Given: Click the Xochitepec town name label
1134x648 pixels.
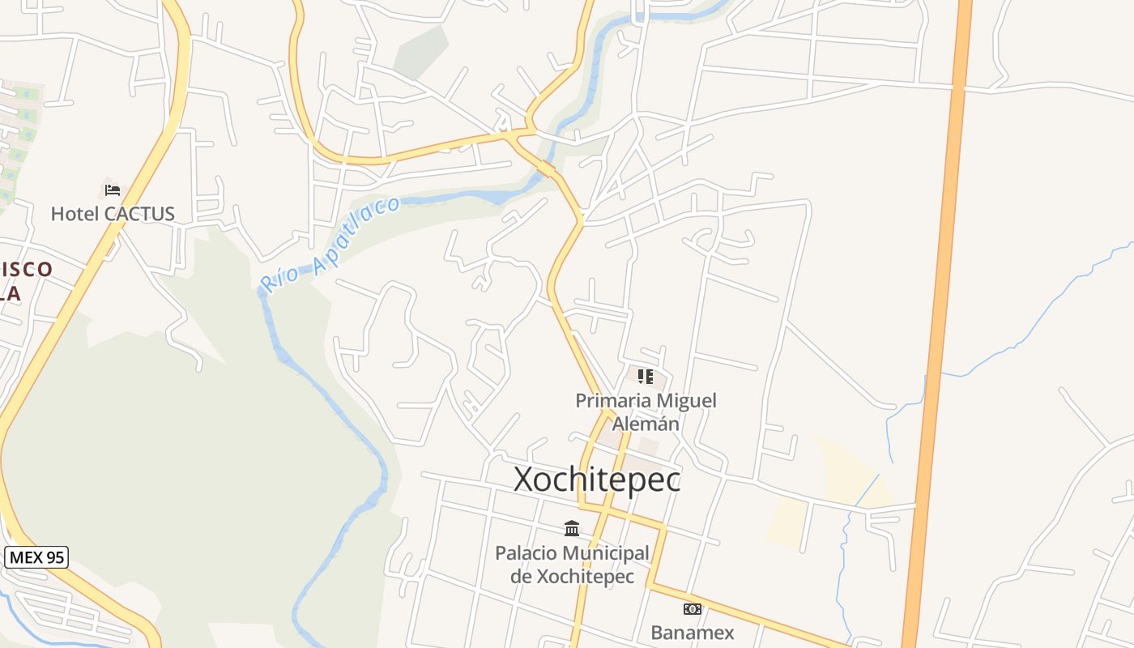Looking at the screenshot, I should tap(597, 480).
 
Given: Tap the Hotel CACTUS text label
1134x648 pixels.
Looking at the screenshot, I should tap(113, 214).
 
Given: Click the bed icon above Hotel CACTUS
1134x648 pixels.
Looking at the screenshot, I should tap(113, 190).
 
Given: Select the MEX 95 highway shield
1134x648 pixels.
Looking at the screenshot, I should tap(36, 557).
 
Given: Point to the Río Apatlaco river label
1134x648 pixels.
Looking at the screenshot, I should tap(330, 243).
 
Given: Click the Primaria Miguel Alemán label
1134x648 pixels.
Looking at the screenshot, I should tap(646, 411).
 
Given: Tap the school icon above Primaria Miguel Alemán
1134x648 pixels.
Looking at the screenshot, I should tap(646, 376).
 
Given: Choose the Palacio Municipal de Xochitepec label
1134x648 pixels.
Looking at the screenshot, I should tap(572, 565).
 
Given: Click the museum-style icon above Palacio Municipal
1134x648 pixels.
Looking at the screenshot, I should tap(572, 528).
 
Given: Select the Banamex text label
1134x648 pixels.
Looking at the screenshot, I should tap(693, 633).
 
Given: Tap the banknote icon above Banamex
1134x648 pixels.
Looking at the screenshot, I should tap(693, 608).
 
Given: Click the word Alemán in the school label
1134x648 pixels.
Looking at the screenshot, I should tap(646, 424).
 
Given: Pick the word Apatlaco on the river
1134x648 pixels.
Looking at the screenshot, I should tap(355, 229).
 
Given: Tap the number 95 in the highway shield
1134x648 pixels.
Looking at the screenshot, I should tap(54, 557).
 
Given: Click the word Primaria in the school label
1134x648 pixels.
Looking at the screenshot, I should tap(612, 400).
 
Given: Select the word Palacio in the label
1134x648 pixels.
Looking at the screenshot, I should tap(526, 553).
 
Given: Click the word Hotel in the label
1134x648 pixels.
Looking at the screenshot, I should tap(74, 214).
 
